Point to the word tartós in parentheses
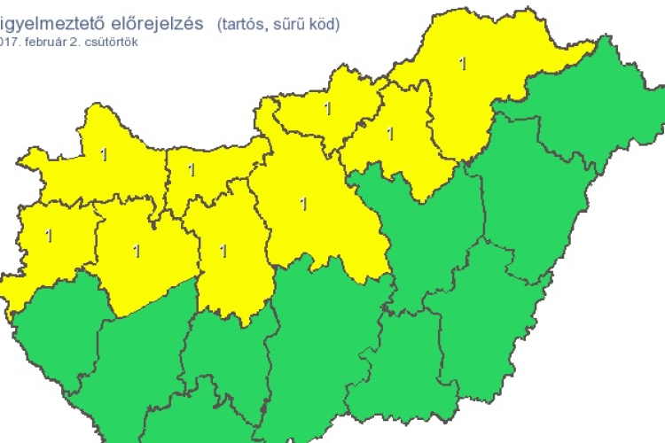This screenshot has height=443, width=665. pyautogui.click(x=241, y=24)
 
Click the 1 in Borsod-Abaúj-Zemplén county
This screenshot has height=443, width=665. pyautogui.click(x=462, y=63)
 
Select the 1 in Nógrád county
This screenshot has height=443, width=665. pyautogui.click(x=328, y=109)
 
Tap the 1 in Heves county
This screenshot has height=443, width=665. pyautogui.click(x=389, y=134)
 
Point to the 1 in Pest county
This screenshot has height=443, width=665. pyautogui.click(x=304, y=204)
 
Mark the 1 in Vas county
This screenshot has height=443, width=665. pyautogui.click(x=48, y=237)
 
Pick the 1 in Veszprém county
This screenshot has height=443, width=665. pyautogui.click(x=136, y=251)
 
